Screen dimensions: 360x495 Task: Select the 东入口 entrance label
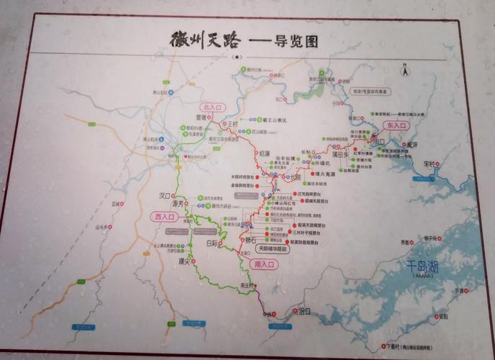(396, 125)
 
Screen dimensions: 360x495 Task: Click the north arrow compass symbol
(404, 71)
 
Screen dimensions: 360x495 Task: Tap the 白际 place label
(212, 243)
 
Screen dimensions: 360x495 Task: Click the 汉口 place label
(165, 195)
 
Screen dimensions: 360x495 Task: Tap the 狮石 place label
(252, 240)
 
